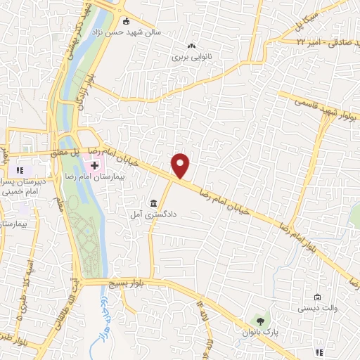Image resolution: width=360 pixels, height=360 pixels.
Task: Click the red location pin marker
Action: coord(181,165)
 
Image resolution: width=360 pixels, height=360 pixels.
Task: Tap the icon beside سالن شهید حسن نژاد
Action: coord(126,20)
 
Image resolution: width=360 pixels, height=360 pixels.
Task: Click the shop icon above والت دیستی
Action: coord(318,297)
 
